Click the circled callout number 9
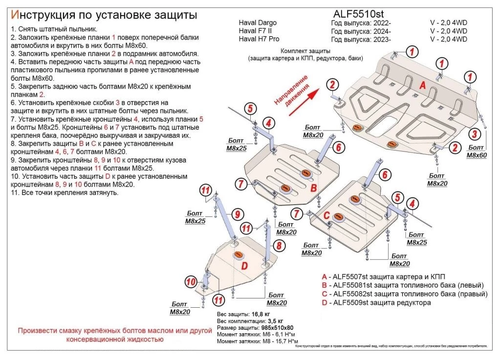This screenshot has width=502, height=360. point(237,214)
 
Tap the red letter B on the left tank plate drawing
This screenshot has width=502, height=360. point(314,188)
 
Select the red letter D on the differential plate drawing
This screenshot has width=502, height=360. point(244,266)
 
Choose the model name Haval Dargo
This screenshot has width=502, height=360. point(257,23)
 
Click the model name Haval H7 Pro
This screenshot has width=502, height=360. point(259,39)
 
